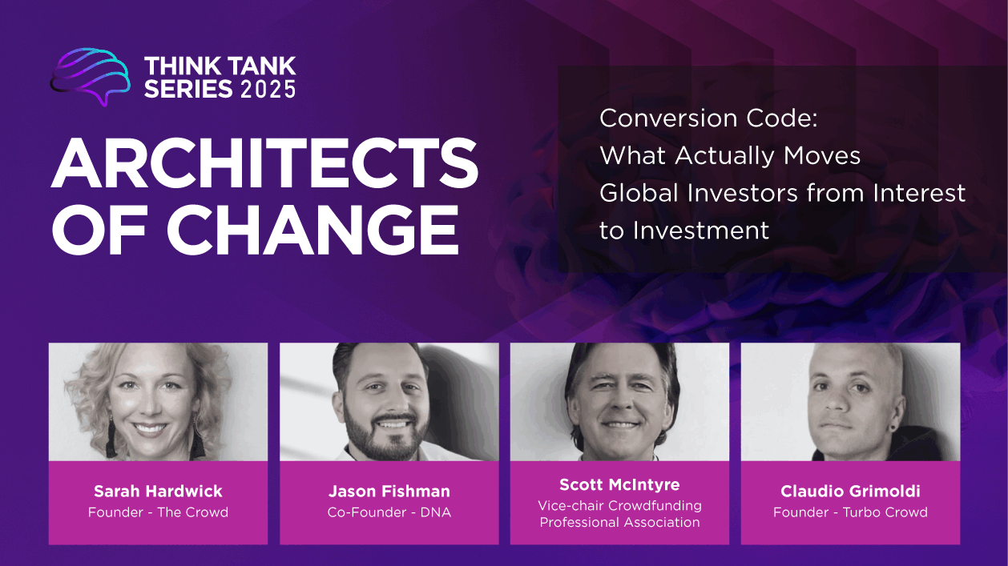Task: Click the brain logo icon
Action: coord(90,76)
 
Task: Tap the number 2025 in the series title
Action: coord(268,89)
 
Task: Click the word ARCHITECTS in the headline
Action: coord(264,163)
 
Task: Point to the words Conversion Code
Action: coord(708,118)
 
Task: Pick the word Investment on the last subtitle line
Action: coord(701,231)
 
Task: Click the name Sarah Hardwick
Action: coord(158,491)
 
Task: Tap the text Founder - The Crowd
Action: coord(158,512)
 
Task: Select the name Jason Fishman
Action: coord(389,491)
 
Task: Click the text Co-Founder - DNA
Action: coord(389,512)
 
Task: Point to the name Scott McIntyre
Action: coord(619,484)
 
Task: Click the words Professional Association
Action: coord(619,522)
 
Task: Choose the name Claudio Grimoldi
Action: coord(850,491)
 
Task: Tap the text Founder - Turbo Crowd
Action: coord(850,512)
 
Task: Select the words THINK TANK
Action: coord(220,66)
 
